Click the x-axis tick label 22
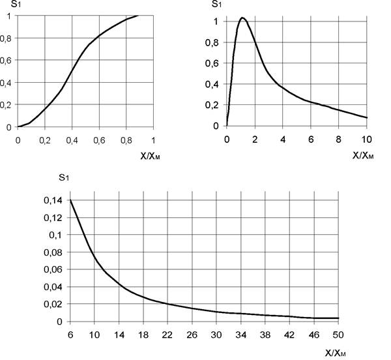167,335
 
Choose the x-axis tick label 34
241,335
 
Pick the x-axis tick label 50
338,335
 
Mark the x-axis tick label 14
119,335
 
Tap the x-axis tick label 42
289,335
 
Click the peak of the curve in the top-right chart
242,18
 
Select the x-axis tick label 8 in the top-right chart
338,140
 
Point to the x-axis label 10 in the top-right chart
366,140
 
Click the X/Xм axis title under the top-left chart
150,157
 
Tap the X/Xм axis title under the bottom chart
336,353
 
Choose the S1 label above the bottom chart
64,177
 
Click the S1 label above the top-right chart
216,4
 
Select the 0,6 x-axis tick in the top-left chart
99,140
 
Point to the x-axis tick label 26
192,335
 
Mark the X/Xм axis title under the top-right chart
363,156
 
